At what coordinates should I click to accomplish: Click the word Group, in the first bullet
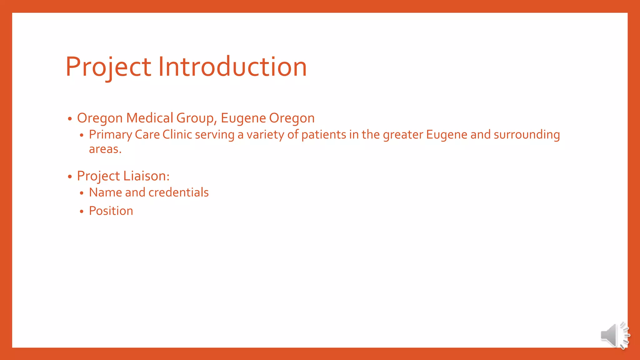point(196,118)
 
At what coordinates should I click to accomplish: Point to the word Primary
point(110,135)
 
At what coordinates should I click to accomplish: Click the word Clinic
point(177,135)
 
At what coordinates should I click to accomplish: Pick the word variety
point(265,135)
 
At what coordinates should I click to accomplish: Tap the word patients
point(323,135)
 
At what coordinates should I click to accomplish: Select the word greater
point(403,135)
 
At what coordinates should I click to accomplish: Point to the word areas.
point(105,149)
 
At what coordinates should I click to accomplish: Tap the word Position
point(111,211)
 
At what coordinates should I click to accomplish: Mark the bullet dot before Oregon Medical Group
point(70,119)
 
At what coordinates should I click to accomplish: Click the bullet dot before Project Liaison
point(70,177)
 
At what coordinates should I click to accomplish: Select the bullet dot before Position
point(82,212)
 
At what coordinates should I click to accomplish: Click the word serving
point(215,135)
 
